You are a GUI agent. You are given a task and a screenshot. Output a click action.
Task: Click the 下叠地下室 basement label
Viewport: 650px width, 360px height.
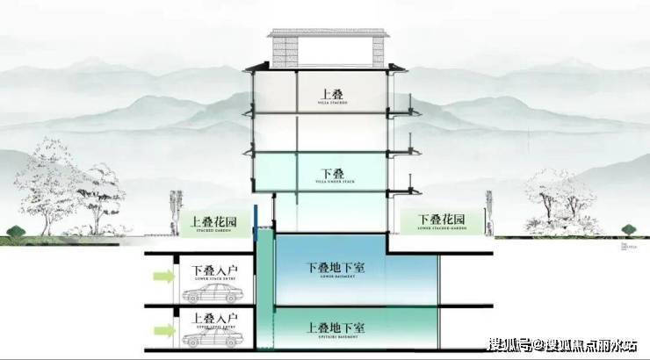[331, 267]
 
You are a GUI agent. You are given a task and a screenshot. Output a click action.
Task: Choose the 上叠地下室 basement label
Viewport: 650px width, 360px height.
[331, 326]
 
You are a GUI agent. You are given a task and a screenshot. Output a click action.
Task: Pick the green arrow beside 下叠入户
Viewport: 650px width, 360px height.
[163, 277]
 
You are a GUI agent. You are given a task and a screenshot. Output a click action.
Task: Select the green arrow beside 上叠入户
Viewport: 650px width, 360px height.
[163, 329]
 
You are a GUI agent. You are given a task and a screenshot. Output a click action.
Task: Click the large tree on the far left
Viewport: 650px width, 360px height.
[66, 184]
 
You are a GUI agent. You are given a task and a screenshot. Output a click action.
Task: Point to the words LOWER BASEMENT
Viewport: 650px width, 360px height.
[331, 279]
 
